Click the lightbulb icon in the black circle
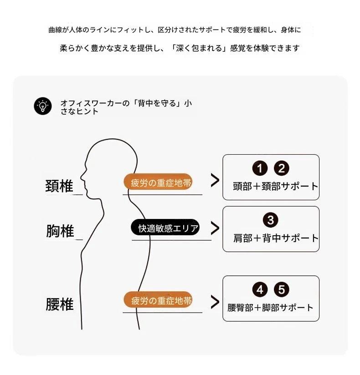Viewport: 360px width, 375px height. [43, 106]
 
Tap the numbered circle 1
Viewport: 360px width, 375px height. [260, 168]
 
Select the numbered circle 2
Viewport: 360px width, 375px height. [282, 168]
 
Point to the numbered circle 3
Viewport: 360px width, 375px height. [270, 220]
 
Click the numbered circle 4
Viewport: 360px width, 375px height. [260, 289]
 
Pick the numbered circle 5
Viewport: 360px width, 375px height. [282, 289]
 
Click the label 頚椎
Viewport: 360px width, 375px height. [59, 186]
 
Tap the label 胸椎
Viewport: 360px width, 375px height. [60, 231]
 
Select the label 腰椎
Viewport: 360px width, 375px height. [60, 304]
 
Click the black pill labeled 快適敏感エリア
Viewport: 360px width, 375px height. [165, 227]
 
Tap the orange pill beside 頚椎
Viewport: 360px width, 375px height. [158, 182]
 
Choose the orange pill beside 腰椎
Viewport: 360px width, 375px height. [158, 299]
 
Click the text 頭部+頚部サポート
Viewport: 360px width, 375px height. [275, 186]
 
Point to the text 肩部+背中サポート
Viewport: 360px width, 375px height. [276, 238]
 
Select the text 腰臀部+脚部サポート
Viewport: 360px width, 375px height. [270, 308]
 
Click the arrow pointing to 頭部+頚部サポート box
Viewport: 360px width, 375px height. [215, 180]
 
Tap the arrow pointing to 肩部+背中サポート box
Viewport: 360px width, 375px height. [215, 228]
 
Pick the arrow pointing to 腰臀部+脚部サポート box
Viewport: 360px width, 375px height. [215, 302]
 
